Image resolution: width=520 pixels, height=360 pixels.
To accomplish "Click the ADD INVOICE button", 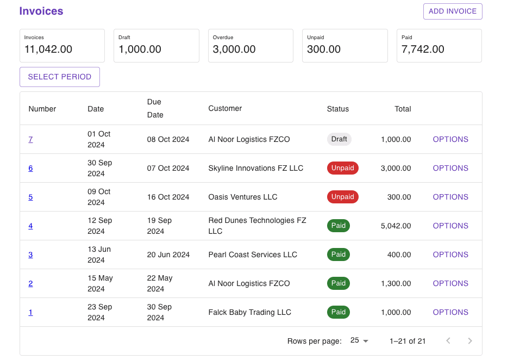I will (452, 11).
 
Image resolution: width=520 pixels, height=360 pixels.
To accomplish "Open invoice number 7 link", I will (30, 139).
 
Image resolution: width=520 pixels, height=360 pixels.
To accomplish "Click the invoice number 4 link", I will (30, 226).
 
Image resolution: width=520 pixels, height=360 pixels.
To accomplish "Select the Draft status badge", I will (339, 139).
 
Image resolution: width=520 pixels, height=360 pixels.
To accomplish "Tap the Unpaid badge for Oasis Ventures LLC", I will (342, 197).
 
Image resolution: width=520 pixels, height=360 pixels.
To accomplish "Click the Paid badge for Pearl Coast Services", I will (338, 255).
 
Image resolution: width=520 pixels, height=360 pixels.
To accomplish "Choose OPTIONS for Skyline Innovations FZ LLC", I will (450, 168).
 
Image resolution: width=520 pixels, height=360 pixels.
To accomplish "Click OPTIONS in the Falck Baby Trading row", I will (450, 312).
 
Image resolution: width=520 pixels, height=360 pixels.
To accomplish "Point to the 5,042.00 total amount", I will (396, 226).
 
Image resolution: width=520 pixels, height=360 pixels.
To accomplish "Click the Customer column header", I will (225, 108).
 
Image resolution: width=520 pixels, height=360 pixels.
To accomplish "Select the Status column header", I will (337, 109).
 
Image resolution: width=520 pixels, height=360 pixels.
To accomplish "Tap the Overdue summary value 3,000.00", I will (234, 49).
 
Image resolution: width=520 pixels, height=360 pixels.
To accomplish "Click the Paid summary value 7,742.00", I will (423, 49).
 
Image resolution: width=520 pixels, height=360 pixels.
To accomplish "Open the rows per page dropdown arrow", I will (365, 341).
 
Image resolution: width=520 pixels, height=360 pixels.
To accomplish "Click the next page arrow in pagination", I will (470, 341).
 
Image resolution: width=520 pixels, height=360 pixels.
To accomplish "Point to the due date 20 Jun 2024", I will (168, 255).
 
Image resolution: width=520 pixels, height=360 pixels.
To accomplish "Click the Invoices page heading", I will (41, 11).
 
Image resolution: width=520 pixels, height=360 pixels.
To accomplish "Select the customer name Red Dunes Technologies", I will (257, 226).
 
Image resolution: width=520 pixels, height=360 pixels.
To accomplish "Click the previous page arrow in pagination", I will (448, 341).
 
